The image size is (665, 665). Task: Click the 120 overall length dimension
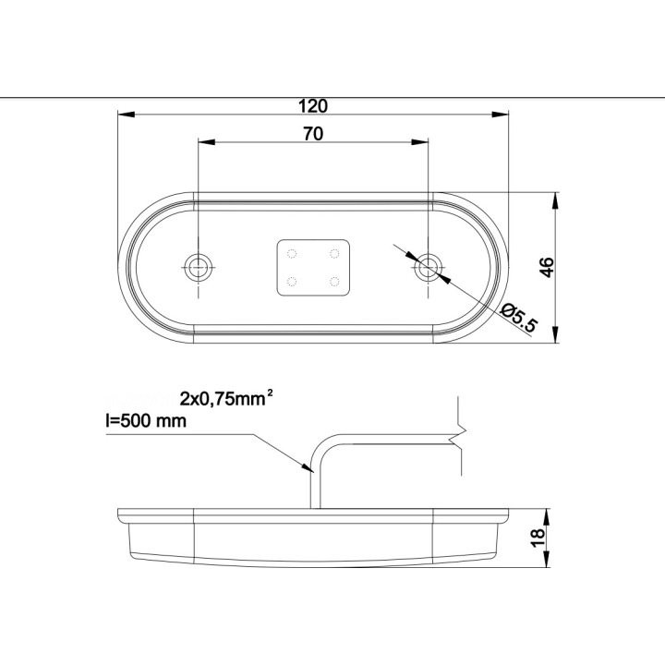[x=313, y=106]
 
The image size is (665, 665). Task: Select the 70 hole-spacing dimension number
[x=313, y=134]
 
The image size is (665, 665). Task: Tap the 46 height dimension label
[x=547, y=267]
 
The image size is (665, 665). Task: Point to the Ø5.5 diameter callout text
[x=518, y=318]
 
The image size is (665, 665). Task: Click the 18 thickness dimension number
[x=538, y=538]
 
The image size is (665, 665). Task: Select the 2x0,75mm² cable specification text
[x=226, y=399]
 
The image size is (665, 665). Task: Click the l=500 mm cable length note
[x=146, y=421]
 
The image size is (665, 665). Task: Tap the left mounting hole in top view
[x=198, y=267]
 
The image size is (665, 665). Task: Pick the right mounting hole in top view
[x=429, y=268]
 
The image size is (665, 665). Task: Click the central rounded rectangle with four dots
[x=313, y=268]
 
